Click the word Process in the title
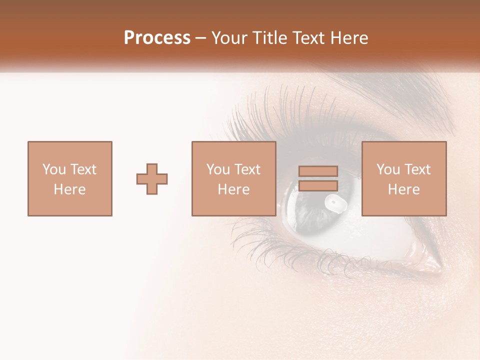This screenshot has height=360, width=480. (157, 38)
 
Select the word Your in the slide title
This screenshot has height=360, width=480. (229, 38)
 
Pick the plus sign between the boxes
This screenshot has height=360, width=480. (152, 179)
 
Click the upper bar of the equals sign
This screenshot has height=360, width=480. (318, 171)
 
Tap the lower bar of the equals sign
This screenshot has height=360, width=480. (318, 186)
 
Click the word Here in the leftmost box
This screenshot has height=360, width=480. (69, 189)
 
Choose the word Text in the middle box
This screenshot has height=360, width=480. (248, 169)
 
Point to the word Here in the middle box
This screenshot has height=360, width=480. (233, 189)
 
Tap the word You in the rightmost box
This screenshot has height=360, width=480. (388, 169)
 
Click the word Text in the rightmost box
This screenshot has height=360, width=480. (417, 169)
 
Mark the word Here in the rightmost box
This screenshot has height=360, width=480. (403, 189)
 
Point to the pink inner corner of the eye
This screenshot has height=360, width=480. (434, 260)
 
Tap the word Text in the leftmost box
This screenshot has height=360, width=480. (83, 169)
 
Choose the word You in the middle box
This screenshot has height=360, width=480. (218, 169)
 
